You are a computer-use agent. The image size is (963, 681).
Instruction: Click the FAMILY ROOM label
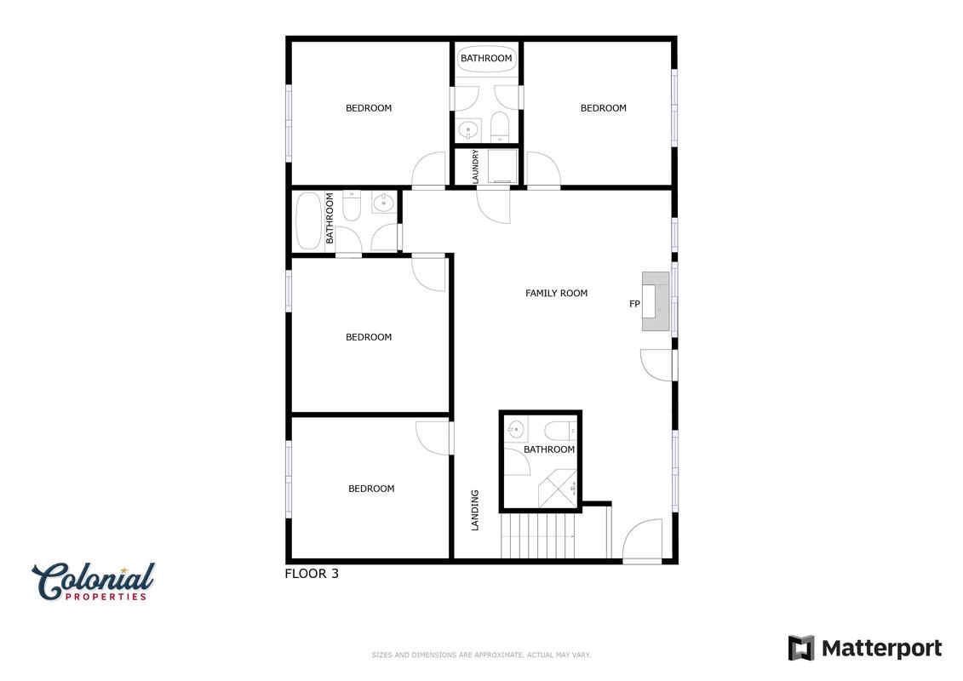point(556,294)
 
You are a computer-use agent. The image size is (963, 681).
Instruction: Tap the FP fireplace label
point(634,304)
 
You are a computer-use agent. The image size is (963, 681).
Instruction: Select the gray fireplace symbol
point(656,301)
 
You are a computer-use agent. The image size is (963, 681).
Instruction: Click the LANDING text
point(475,510)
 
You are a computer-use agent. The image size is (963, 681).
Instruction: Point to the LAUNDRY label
point(475,166)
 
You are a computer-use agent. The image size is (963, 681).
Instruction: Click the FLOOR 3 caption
point(312,574)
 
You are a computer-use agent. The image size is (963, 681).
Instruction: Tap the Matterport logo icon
point(801,648)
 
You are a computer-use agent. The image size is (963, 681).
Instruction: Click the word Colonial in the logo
point(94,580)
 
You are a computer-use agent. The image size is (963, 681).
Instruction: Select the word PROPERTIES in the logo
point(106,596)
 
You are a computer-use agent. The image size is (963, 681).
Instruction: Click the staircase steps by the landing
point(539,535)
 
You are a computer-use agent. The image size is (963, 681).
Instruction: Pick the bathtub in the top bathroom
point(486,59)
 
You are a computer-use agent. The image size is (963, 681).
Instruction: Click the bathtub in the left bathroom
point(309,220)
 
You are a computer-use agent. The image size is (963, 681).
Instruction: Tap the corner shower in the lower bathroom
point(558,489)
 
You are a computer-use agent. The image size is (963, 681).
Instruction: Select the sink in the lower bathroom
point(516,428)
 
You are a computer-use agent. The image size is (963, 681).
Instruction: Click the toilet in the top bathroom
point(500,125)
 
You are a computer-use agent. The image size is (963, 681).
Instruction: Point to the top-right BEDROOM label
point(603,108)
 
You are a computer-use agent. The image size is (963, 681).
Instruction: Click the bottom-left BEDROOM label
point(371,489)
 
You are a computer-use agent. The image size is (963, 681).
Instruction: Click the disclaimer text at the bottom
point(481,655)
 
